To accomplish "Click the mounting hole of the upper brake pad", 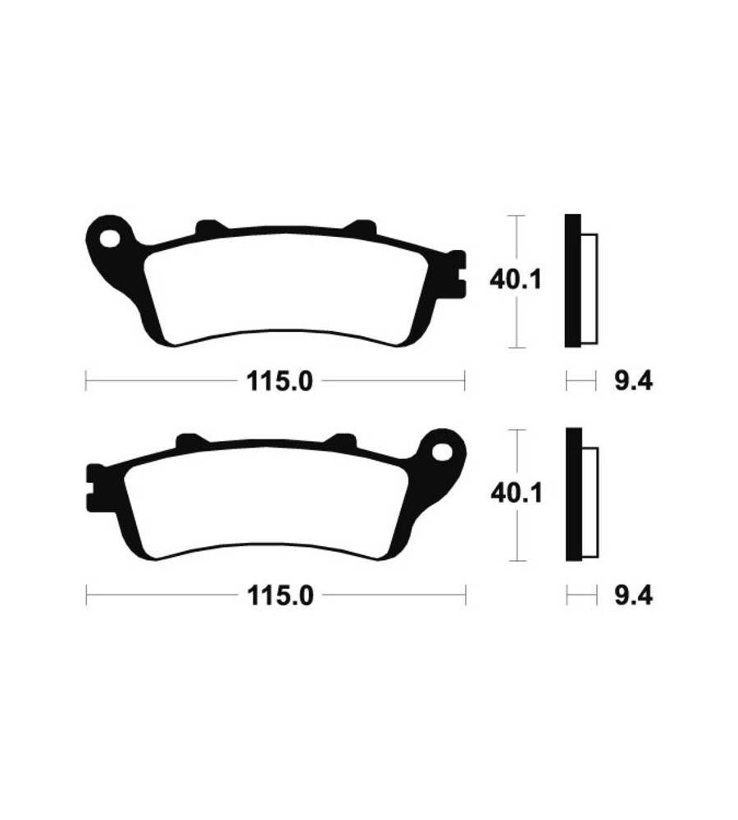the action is pos(111,238).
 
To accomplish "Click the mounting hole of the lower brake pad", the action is pos(441,451).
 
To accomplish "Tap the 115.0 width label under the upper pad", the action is pos(280,382).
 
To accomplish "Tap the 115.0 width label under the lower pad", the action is pos(280,595).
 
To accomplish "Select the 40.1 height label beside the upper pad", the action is pos(516,280).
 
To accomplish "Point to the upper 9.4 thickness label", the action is pos(633,382).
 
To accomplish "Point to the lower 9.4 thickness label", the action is pos(633,595).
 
